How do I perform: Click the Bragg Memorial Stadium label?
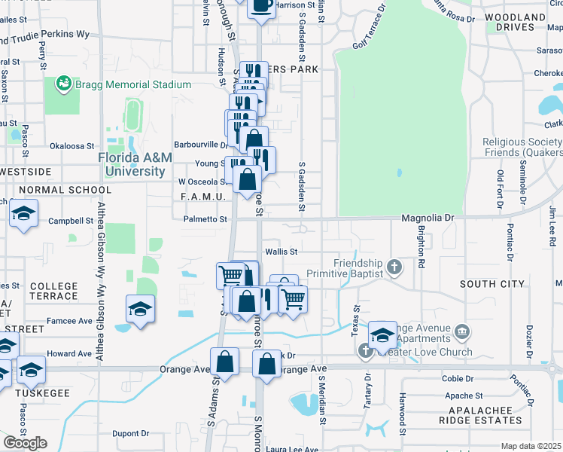[132, 84]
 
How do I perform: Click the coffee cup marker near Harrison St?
[261, 6]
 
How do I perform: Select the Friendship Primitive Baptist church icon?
[394, 267]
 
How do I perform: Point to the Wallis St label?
[281, 252]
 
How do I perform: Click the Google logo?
[25, 443]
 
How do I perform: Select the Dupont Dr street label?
[131, 434]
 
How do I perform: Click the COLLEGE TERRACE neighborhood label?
[53, 291]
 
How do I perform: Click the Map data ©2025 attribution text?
[531, 446]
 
